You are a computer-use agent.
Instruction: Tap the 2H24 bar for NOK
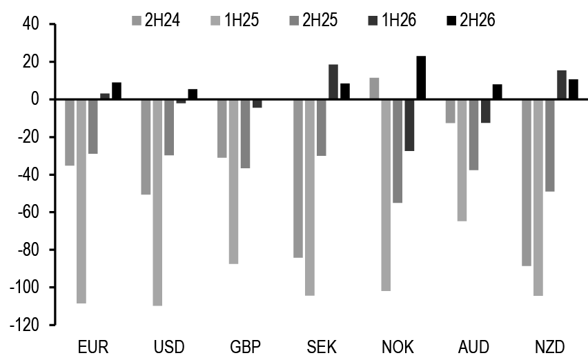coord(374,89)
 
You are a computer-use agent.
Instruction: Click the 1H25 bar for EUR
coord(81,201)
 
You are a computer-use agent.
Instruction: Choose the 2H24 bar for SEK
coord(298,178)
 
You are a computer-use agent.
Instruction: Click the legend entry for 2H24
coord(155,19)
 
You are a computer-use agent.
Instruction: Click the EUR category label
coord(93,346)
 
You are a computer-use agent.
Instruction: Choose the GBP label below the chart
coord(246,346)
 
